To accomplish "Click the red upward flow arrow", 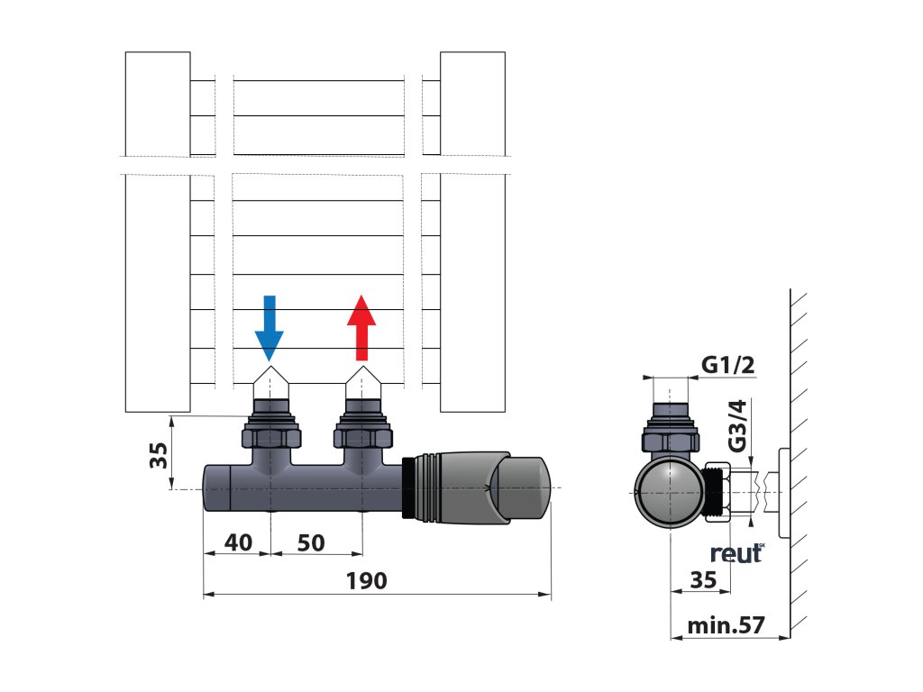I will point(361,326).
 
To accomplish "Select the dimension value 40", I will point(237,543).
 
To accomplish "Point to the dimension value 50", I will point(310,543).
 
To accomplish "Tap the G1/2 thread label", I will point(727,366).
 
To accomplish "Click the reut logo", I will point(736,553).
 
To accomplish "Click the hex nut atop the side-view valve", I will point(668,441).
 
